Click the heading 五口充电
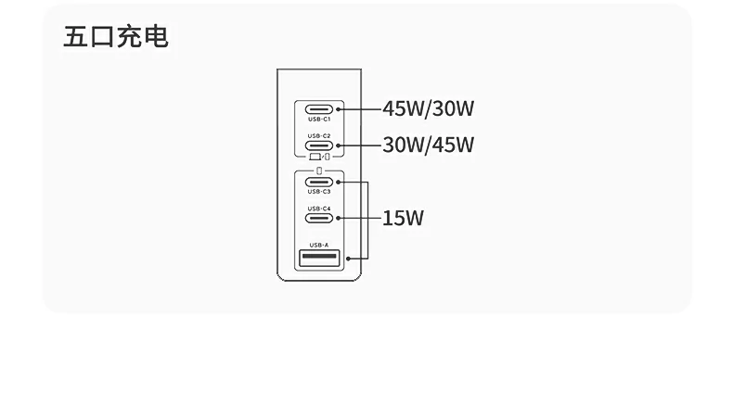click(x=116, y=37)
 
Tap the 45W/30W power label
click(x=428, y=108)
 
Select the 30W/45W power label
click(x=428, y=145)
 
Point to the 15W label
click(x=403, y=219)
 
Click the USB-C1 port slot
click(x=318, y=109)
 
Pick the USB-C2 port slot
click(x=318, y=145)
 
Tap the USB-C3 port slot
click(x=318, y=182)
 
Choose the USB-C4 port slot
click(x=318, y=218)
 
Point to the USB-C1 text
click(x=318, y=119)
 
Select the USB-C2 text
click(x=318, y=136)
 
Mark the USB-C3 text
click(x=318, y=192)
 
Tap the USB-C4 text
click(x=318, y=208)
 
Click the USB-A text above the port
click(x=318, y=245)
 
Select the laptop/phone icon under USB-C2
click(x=318, y=157)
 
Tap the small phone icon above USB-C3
click(x=318, y=171)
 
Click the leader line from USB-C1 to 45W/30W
click(x=360, y=109)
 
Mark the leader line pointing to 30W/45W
click(x=360, y=145)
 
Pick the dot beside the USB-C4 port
click(x=340, y=218)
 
